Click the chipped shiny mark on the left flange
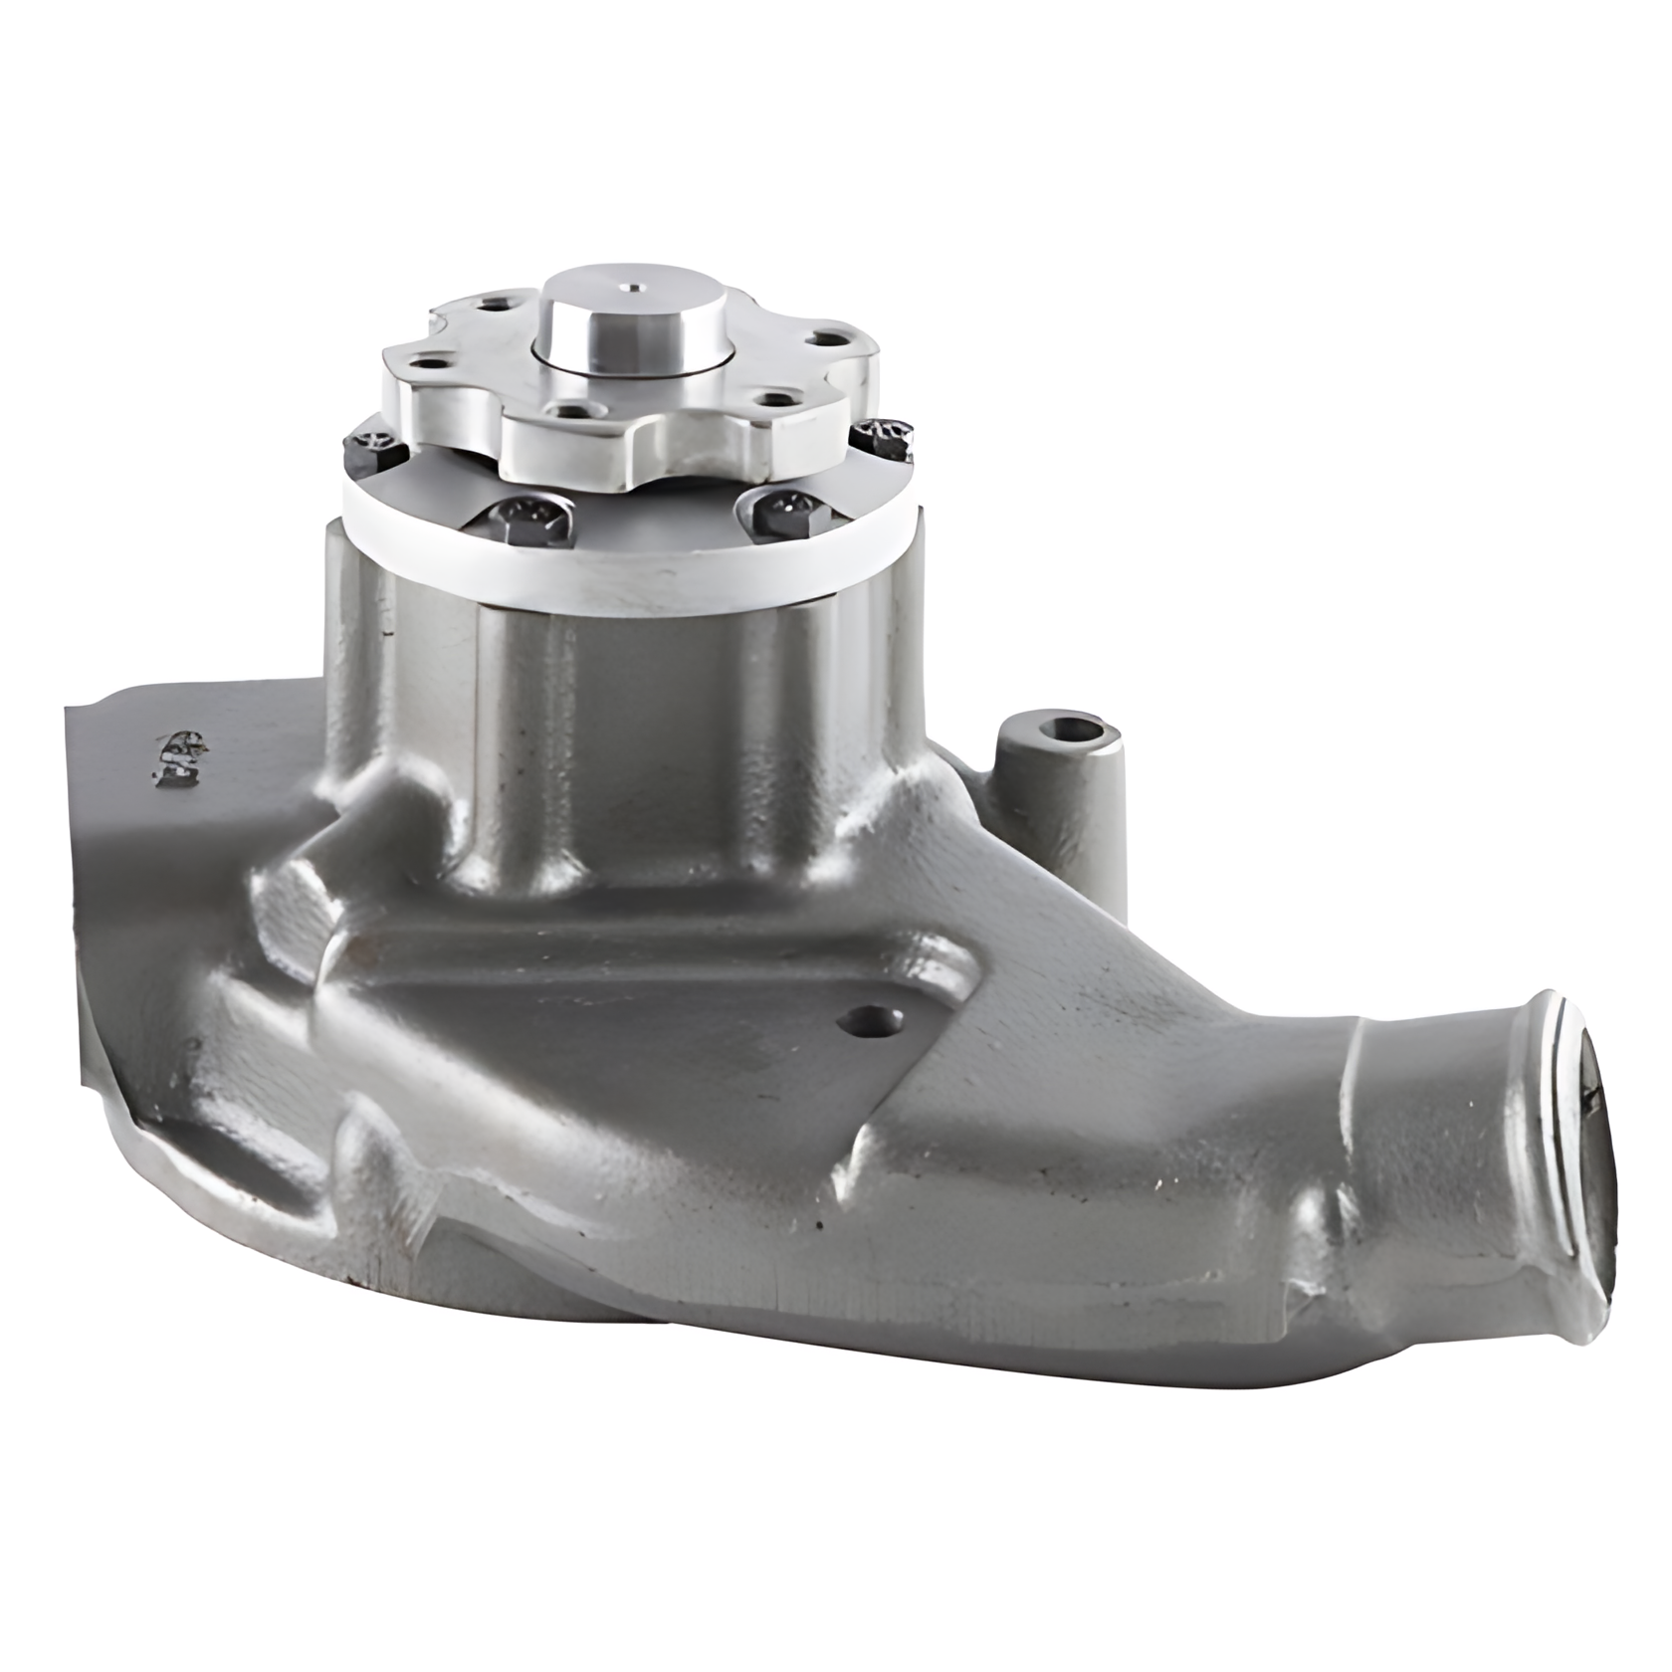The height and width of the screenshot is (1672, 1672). (x=179, y=751)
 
